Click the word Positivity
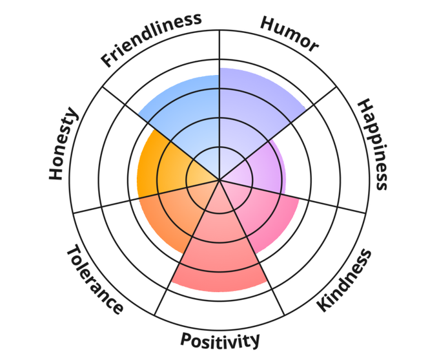click(x=219, y=339)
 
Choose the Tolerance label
click(x=94, y=280)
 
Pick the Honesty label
click(x=63, y=145)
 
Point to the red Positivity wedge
click(x=219, y=259)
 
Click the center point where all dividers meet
click(x=219, y=180)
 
